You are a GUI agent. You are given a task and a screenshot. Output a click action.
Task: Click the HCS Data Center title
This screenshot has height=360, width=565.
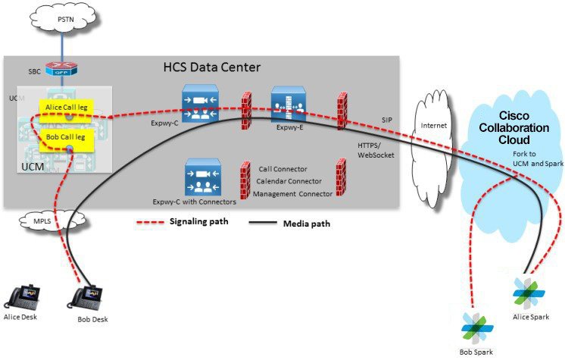(212, 67)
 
